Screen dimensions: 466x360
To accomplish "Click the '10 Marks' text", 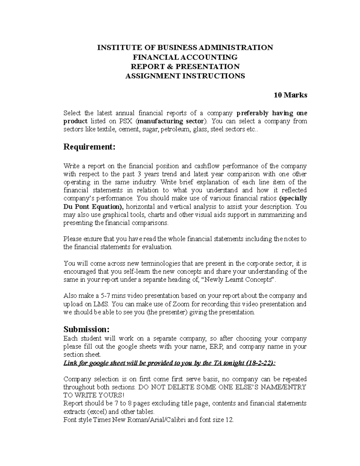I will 290,95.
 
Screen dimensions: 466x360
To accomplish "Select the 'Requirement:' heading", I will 89,147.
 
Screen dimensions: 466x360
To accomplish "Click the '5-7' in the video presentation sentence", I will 104,296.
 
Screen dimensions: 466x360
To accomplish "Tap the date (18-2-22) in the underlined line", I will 260,363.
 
